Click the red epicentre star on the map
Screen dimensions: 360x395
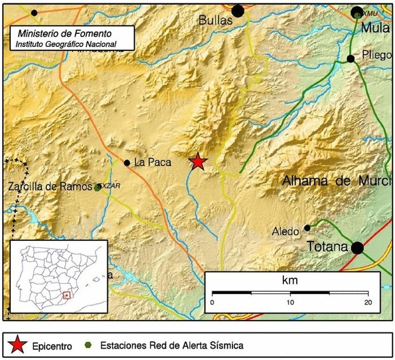pos(198,162)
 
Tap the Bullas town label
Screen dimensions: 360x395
pos(215,20)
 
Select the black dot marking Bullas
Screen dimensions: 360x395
pos(238,10)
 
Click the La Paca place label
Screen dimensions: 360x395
pos(152,163)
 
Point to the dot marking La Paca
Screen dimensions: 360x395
pos(127,163)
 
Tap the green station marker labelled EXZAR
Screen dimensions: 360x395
pos(99,187)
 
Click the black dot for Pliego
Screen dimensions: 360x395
pos(351,58)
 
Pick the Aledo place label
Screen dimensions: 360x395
pos(286,231)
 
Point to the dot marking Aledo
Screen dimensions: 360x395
pos(307,228)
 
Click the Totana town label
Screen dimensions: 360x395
pos(327,247)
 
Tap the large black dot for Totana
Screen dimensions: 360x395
pos(358,248)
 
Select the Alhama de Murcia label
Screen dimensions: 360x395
pos(338,181)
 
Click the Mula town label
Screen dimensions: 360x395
pos(375,26)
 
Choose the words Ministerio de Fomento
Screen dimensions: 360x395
pos(65,33)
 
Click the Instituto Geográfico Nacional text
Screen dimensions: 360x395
pos(66,43)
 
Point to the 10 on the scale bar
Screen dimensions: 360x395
pos(291,302)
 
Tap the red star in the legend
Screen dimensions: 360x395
pos(18,345)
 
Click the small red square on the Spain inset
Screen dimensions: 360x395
pos(67,295)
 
